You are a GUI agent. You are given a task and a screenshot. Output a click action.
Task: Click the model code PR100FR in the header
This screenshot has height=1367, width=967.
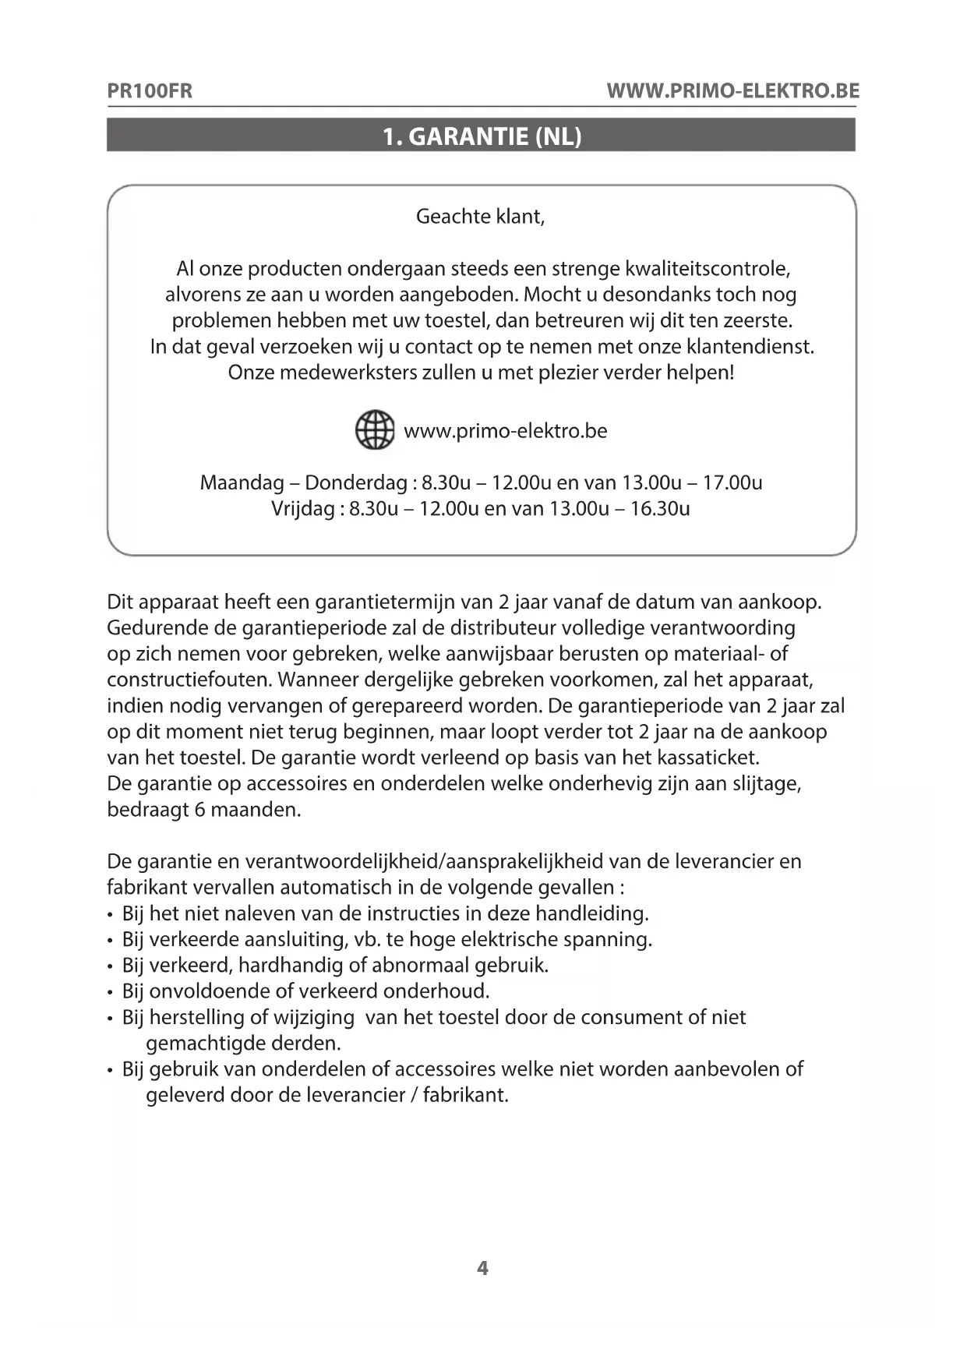150,91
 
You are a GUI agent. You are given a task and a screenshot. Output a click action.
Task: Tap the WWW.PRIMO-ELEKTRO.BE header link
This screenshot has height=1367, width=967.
732,91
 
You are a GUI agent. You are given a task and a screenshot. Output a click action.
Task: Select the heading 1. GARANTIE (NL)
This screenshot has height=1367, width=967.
482,136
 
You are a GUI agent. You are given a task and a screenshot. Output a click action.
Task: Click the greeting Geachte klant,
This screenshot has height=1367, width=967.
480,217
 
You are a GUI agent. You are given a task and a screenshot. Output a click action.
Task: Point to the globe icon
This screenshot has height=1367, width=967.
375,430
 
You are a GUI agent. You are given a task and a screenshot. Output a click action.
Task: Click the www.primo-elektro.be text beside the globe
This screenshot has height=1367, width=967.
505,431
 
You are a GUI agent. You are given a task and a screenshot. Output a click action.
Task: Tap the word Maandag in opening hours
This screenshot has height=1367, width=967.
242,483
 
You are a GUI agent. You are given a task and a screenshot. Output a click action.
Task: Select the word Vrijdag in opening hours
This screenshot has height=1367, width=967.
302,509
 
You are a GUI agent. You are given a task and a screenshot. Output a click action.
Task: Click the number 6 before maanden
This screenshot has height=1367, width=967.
199,810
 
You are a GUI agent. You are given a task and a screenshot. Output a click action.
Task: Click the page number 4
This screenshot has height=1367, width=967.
482,1268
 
